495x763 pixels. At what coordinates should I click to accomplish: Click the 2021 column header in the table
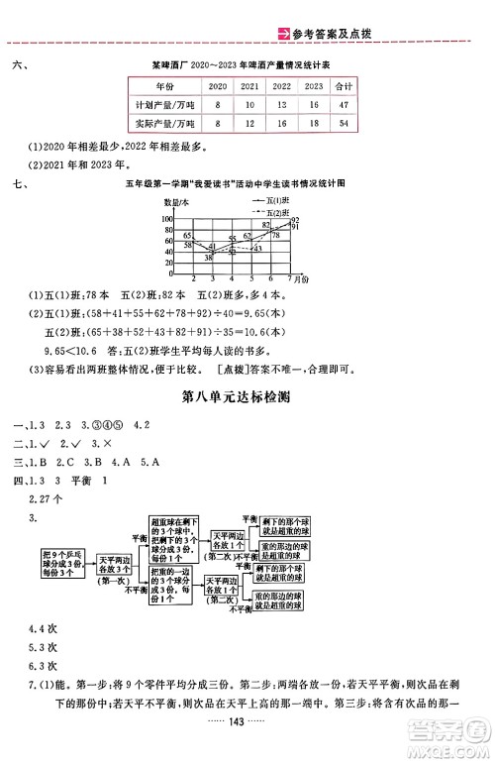[x=250, y=85]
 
